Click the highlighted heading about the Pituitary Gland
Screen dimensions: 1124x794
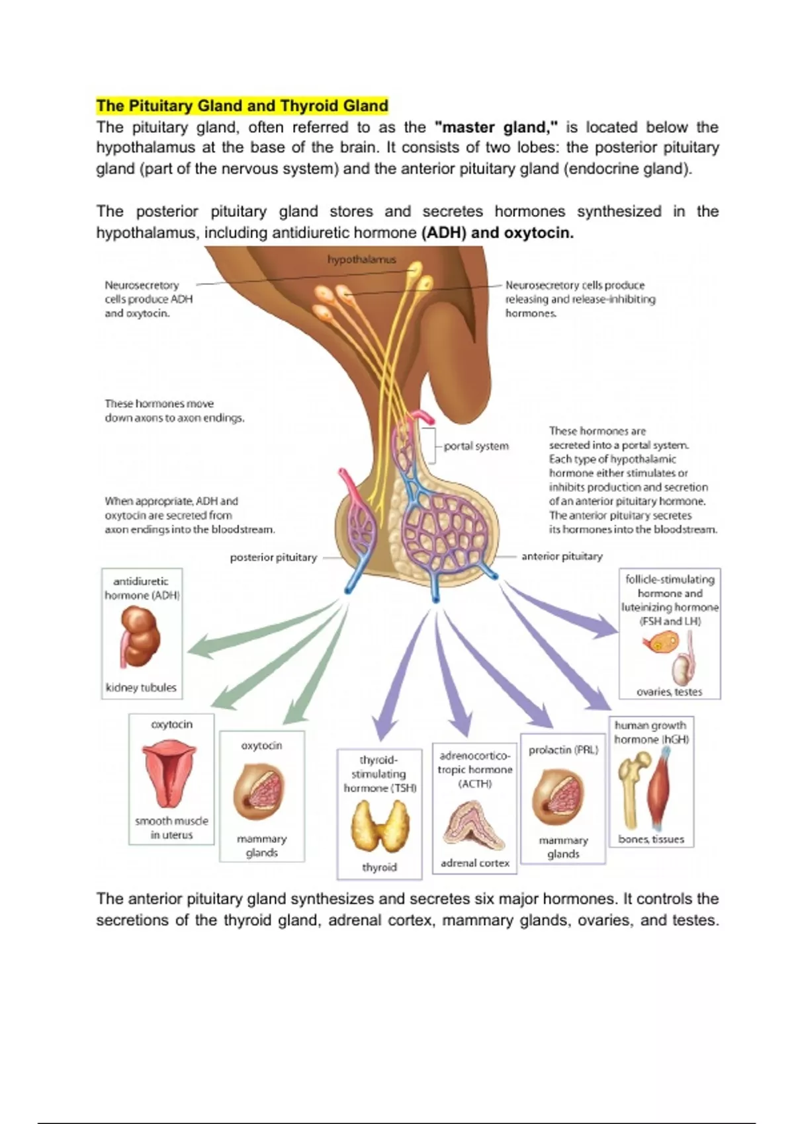coord(242,106)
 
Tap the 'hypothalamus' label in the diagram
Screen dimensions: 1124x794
coord(361,259)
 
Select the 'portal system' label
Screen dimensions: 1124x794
coord(476,446)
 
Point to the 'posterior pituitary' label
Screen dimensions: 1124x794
coord(273,557)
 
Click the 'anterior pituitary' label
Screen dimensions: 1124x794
coord(562,557)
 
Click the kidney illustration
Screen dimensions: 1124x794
coord(140,638)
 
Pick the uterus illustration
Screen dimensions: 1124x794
coord(171,774)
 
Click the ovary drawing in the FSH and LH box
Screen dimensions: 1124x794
coord(660,643)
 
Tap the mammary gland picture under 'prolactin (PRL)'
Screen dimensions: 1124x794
coord(558,793)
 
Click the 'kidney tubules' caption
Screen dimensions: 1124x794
coord(141,688)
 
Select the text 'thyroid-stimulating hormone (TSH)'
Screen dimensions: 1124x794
coord(380,774)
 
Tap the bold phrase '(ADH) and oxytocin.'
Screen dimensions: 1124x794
coord(497,233)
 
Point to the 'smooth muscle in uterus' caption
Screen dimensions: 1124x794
coord(171,828)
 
